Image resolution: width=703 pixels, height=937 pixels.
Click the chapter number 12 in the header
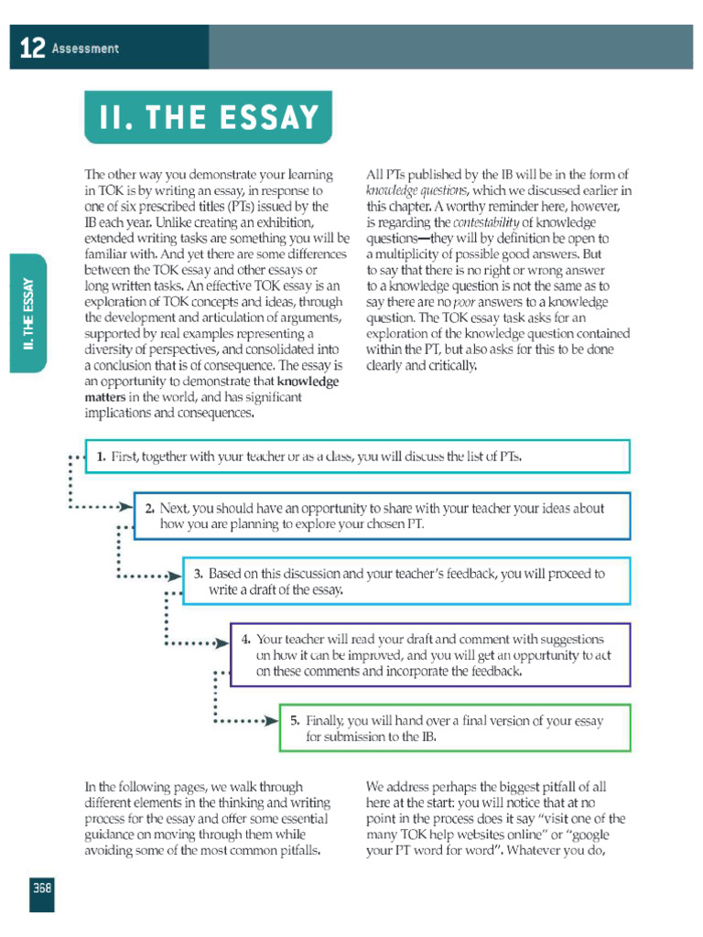point(31,48)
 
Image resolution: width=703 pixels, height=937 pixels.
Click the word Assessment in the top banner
point(85,48)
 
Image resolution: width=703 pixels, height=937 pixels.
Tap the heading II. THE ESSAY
point(209,117)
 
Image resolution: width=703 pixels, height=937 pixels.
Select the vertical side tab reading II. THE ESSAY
point(29,313)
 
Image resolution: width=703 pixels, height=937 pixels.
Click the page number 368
point(41,888)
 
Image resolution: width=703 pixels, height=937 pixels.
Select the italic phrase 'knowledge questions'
point(416,190)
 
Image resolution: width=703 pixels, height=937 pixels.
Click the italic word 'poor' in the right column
point(464,301)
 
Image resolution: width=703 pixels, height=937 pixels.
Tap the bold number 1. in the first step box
point(102,456)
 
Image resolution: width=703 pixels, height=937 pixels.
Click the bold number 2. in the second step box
point(149,508)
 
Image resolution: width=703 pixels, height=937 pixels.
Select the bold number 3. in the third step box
point(198,574)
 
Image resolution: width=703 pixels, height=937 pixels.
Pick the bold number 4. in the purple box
point(246,640)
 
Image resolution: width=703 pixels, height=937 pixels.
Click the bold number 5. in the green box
point(295,720)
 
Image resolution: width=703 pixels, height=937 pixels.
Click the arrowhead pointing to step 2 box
point(125,506)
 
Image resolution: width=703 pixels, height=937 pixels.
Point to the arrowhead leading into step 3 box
point(174,576)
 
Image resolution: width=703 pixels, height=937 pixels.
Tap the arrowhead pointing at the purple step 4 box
point(222,643)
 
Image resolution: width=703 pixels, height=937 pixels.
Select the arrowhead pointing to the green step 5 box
point(270,721)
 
